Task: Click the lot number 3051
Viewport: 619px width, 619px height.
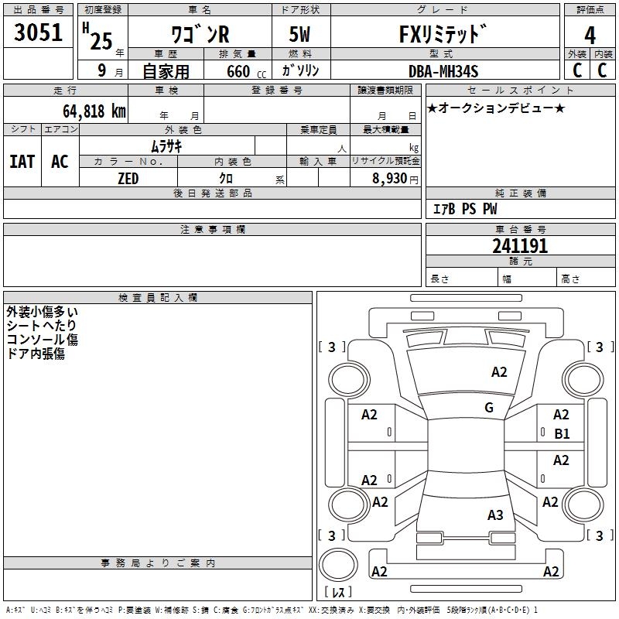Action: (x=38, y=32)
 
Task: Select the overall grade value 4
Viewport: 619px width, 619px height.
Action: (x=590, y=35)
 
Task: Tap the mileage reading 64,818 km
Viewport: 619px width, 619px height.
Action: (x=94, y=111)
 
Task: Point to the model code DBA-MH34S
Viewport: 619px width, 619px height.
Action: (x=443, y=71)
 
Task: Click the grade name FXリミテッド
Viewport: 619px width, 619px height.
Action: (x=443, y=34)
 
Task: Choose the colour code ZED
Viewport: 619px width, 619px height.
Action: (x=128, y=179)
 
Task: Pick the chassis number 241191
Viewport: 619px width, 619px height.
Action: (x=520, y=246)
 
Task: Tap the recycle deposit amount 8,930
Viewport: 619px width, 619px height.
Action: (x=390, y=178)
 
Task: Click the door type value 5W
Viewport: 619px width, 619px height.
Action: (x=299, y=34)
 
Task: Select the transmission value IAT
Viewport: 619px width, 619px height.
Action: (x=22, y=162)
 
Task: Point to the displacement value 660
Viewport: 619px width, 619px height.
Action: (x=238, y=71)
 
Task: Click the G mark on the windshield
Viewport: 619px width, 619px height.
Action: (x=489, y=407)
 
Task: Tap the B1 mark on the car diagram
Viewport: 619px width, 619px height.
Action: (x=562, y=434)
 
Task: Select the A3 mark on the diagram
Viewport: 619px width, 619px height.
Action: (x=495, y=515)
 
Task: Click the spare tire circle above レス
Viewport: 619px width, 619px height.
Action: (x=338, y=565)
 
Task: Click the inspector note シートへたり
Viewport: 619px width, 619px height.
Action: (x=41, y=325)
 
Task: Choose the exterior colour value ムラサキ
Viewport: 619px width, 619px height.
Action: (x=166, y=146)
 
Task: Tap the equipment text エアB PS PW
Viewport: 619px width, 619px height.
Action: (x=465, y=209)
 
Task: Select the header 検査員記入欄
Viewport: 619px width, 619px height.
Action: (x=158, y=298)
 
